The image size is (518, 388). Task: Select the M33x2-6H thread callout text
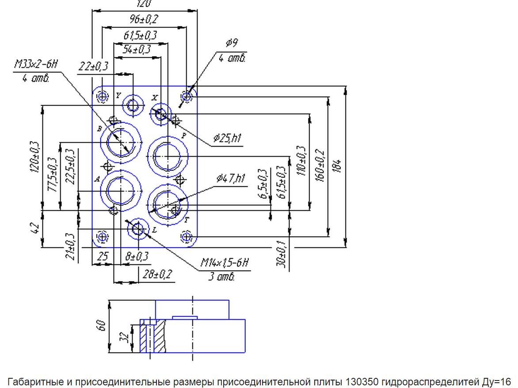click(x=36, y=65)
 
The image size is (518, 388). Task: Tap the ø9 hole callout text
click(x=232, y=43)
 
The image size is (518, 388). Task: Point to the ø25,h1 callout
click(x=227, y=139)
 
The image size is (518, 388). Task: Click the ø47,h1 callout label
click(x=231, y=178)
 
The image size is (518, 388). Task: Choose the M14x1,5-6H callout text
click(x=225, y=263)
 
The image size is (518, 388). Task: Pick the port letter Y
click(x=118, y=95)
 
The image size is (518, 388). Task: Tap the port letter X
click(x=154, y=97)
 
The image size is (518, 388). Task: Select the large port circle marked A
click(x=122, y=190)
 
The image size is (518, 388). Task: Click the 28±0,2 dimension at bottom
click(x=157, y=275)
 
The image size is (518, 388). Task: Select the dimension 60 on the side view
click(x=102, y=326)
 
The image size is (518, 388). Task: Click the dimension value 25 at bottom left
click(x=103, y=256)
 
